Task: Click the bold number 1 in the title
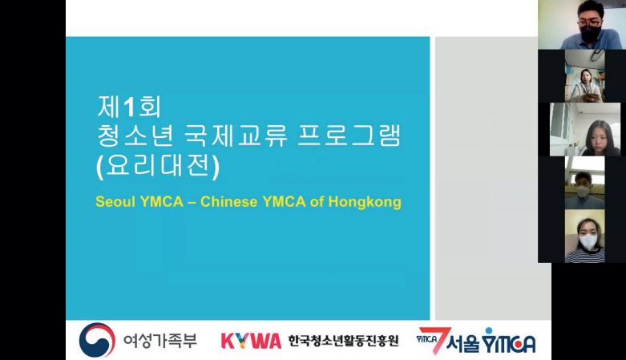128,107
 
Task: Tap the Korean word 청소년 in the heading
135,136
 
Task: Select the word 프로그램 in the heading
349,136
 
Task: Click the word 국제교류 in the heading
236,136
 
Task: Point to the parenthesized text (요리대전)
158,165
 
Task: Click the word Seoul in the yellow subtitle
115,201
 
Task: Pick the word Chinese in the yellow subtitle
228,201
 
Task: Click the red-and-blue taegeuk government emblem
97,340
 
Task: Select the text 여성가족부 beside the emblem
160,341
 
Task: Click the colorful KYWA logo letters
251,342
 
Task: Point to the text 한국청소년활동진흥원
343,341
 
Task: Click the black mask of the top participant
591,32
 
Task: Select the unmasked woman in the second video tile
584,85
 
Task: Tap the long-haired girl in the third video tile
598,138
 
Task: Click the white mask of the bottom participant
588,241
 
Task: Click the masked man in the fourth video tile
584,191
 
